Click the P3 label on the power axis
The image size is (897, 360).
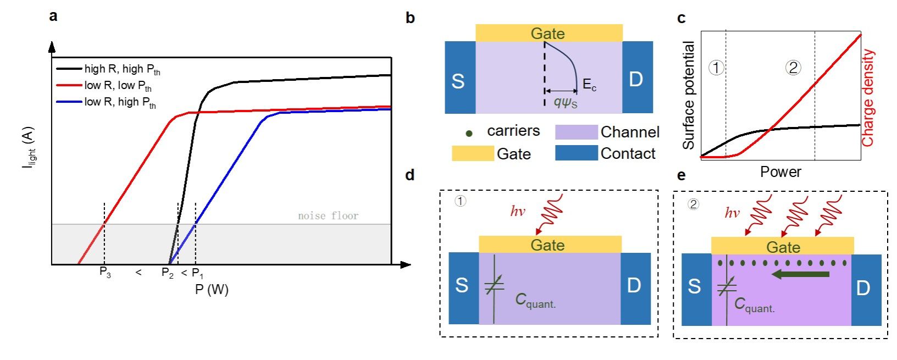pos(105,272)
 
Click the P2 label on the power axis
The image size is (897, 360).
pos(168,273)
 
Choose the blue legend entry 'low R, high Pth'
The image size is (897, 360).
pos(120,102)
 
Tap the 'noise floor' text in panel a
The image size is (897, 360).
pos(328,216)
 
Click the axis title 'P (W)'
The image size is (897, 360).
pos(212,289)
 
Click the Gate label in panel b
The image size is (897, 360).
pos(547,34)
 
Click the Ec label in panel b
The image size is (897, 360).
pos(589,85)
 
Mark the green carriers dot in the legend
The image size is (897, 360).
pos(469,133)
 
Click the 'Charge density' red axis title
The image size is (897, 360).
pos(868,98)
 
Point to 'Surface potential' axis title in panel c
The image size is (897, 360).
pos(689,96)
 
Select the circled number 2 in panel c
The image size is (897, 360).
pos(793,68)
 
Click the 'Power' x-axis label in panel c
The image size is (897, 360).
pos(780,172)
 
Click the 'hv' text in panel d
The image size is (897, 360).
pos(518,212)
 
